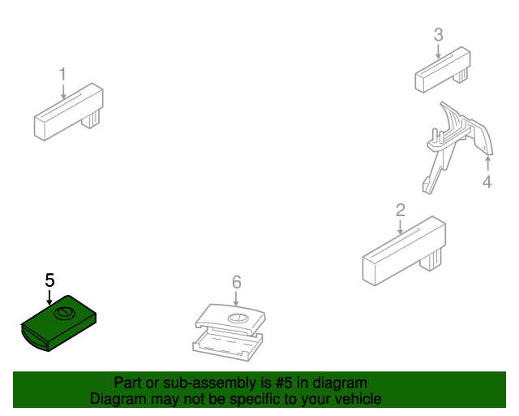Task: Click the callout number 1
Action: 62,75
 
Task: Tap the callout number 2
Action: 400,210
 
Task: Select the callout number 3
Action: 438,35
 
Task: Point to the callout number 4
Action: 487,182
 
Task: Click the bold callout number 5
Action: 49,279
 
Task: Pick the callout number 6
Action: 237,282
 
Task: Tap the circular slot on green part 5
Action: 63,314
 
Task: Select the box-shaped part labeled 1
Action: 65,114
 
